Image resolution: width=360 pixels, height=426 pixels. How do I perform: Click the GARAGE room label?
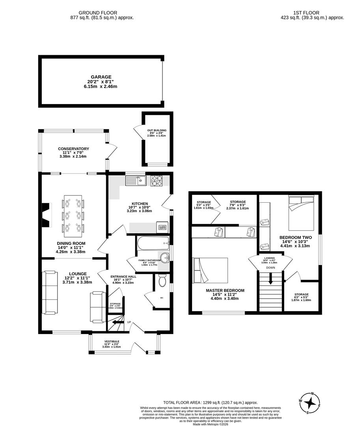click(x=101, y=77)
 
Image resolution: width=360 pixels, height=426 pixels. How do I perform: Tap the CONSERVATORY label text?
click(x=73, y=149)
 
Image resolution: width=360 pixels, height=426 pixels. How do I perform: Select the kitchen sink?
click(x=136, y=181)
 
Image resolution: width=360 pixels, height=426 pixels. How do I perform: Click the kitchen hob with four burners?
click(x=157, y=181)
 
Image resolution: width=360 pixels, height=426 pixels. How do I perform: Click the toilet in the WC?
click(x=161, y=282)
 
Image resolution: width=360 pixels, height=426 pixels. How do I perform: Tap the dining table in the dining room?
click(x=73, y=215)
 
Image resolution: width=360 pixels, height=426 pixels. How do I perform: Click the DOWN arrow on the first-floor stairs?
click(x=270, y=279)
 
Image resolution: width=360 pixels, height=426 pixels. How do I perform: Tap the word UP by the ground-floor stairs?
click(x=129, y=322)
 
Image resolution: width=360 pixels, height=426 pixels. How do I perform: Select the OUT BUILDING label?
click(x=157, y=130)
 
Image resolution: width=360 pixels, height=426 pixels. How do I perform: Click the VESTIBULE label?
click(x=112, y=342)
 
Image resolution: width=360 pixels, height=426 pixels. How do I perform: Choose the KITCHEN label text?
click(x=140, y=204)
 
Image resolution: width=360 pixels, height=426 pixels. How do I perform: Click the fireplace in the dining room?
click(x=47, y=215)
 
